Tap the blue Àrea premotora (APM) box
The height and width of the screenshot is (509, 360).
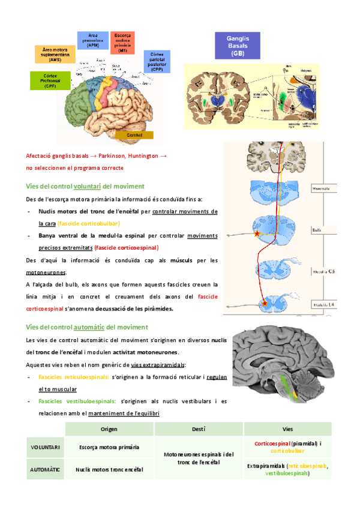pos(93,40)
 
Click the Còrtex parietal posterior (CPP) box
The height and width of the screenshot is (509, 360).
pos(157,62)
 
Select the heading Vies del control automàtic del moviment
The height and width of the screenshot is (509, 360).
pos(87,327)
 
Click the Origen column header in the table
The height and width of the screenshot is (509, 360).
pos(109,429)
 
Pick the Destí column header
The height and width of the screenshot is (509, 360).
pos(199,429)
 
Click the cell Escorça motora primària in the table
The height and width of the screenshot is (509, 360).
pos(109,447)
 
